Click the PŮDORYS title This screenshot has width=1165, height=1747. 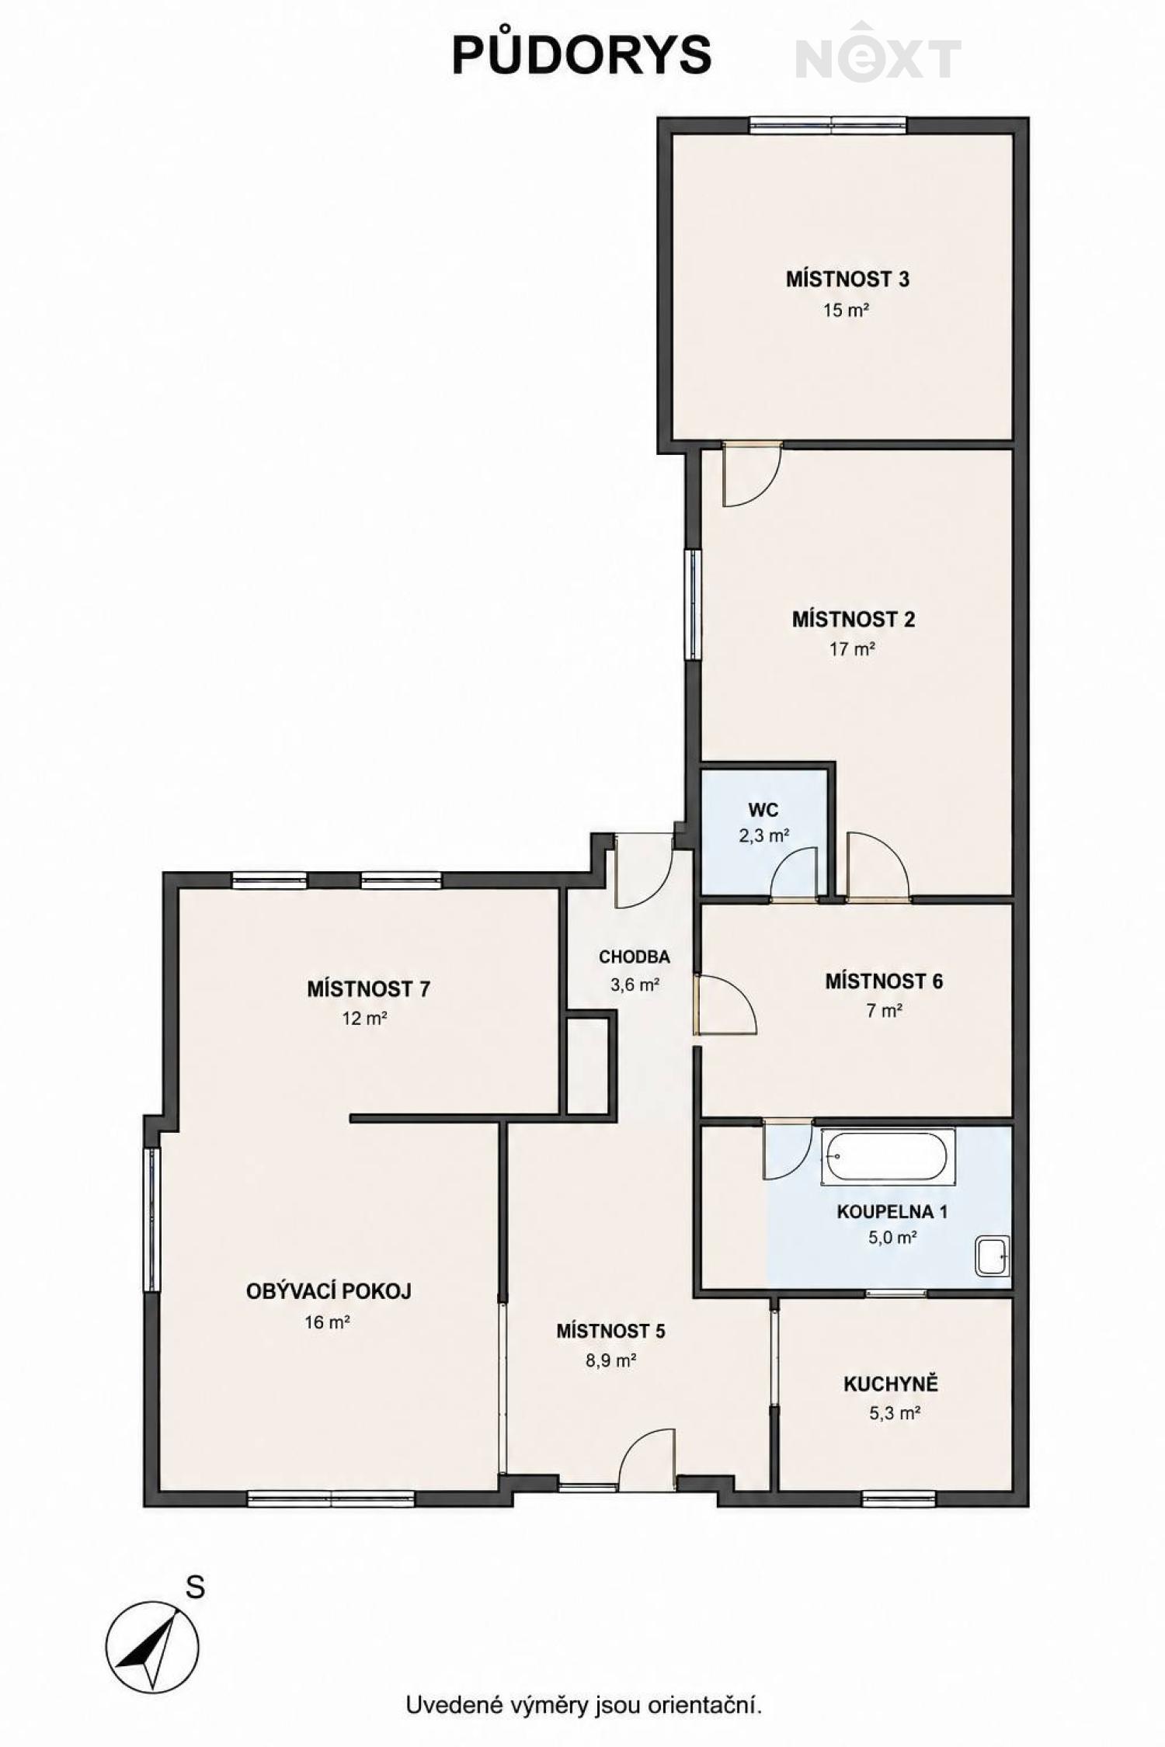582,54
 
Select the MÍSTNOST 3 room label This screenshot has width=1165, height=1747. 847,279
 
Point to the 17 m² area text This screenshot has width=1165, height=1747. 852,648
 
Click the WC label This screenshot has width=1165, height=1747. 763,810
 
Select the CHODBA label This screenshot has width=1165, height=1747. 634,957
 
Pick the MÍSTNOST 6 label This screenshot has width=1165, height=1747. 884,981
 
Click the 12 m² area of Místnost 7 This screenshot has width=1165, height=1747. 365,1018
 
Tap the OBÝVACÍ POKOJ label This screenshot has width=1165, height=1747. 329,1291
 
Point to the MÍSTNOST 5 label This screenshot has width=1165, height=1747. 610,1331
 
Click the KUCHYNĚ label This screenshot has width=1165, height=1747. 892,1384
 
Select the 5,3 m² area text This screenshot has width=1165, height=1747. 895,1413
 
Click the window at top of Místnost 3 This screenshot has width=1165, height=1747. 829,125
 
